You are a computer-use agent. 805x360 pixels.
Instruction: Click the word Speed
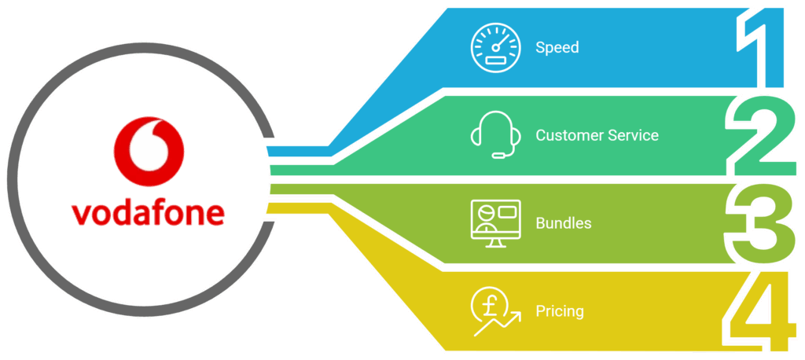coord(557,48)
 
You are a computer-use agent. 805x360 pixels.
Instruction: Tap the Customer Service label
coord(597,135)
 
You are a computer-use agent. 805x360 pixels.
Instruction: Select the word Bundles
coord(563,223)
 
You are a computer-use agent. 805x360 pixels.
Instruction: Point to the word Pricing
coord(560,312)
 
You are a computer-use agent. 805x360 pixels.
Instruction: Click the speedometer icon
coord(495,48)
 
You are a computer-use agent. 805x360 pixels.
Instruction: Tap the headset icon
coord(496,134)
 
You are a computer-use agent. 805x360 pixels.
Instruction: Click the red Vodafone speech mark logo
coord(149,152)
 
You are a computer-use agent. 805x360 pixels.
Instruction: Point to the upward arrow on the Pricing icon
coord(498,324)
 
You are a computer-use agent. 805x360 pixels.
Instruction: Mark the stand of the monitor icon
coord(495,243)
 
